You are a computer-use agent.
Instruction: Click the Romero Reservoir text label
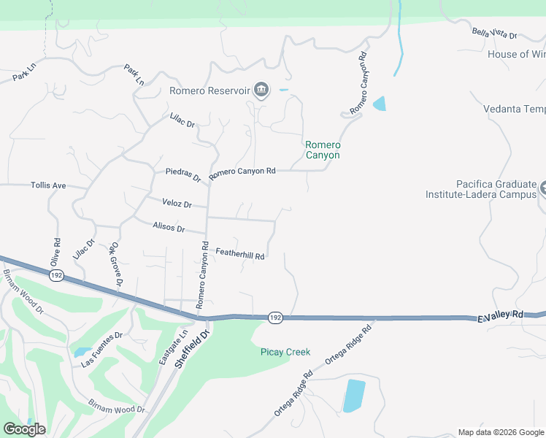click(x=209, y=91)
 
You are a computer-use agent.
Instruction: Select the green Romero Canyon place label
click(x=322, y=150)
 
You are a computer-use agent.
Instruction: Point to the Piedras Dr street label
click(x=183, y=175)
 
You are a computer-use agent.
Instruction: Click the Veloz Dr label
click(x=177, y=204)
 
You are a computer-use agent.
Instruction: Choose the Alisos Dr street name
click(x=169, y=228)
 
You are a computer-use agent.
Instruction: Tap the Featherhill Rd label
click(x=239, y=253)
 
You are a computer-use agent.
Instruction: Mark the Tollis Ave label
click(x=48, y=185)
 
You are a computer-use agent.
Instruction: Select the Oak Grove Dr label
click(x=115, y=265)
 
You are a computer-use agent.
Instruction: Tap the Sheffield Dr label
click(x=192, y=349)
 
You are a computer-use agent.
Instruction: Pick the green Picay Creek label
click(x=285, y=352)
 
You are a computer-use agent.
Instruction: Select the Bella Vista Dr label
click(x=494, y=34)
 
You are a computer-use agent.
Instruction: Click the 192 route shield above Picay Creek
click(x=274, y=318)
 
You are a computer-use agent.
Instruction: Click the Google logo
click(x=25, y=429)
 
